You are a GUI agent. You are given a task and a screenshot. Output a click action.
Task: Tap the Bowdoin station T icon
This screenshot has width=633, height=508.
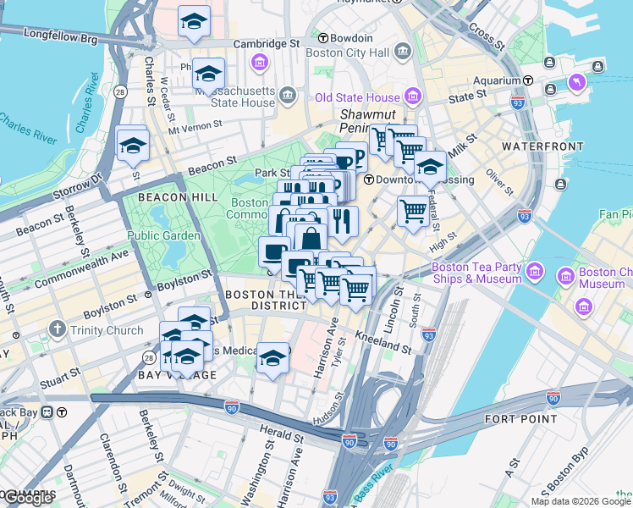322,38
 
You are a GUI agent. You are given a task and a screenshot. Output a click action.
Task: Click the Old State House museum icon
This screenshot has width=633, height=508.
414,94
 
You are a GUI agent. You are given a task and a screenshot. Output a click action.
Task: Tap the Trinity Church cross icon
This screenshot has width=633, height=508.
58,329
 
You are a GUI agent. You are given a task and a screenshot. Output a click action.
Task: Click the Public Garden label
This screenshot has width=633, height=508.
164,235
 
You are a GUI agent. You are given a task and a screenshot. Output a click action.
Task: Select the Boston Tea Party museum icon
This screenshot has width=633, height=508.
534,271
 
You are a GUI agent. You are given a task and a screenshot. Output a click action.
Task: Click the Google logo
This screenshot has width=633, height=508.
28,499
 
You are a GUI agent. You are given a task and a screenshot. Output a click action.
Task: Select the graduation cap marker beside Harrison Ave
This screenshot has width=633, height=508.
272,357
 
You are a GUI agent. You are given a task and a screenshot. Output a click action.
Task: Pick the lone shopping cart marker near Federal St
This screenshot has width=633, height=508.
413,211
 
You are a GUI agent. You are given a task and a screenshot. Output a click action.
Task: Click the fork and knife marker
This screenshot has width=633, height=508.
343,221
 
